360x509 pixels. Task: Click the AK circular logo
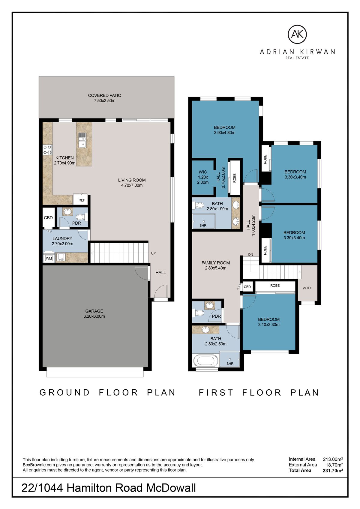[297, 34]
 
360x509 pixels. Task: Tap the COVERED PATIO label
[104, 98]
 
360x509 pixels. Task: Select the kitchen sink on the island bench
[82, 140]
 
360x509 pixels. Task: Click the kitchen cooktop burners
[47, 150]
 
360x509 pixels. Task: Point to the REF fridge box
[82, 200]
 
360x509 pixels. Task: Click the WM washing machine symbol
[49, 258]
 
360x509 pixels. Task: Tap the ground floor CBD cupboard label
[48, 218]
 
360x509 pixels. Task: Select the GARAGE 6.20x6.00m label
[94, 314]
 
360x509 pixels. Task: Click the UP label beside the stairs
[153, 253]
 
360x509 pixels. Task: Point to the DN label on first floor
[250, 254]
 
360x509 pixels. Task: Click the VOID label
[307, 288]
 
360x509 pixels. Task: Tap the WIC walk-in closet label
[203, 177]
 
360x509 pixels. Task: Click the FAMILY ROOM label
[216, 265]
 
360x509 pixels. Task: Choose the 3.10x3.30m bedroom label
[269, 322]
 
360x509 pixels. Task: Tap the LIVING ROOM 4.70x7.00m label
[132, 183]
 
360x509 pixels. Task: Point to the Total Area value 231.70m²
[332, 470]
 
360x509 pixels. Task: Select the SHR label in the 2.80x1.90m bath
[203, 225]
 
